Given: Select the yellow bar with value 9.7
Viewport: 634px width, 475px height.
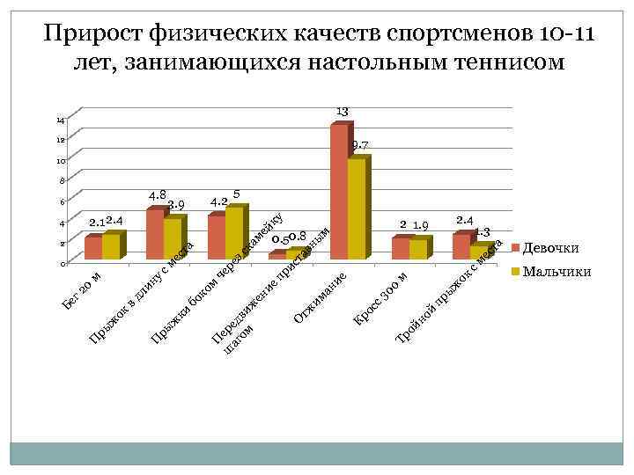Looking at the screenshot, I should (x=356, y=208).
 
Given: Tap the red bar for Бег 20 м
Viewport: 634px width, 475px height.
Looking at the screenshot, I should (x=92, y=248).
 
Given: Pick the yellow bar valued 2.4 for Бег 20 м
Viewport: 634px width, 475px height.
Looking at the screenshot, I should (x=110, y=246).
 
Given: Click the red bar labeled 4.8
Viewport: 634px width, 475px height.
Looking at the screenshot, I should (x=154, y=234).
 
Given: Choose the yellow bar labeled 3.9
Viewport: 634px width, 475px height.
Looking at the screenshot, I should (x=172, y=238).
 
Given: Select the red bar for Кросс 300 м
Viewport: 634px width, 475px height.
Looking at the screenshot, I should (x=400, y=248).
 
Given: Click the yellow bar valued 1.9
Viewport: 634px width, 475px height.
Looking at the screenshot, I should (x=417, y=249).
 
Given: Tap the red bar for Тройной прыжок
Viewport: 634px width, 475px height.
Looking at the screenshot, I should (x=461, y=246).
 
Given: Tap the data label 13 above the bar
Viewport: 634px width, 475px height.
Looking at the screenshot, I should (x=343, y=110).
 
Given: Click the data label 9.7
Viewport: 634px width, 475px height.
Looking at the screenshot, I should (x=359, y=144).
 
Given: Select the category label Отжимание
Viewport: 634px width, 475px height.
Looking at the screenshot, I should (x=320, y=296).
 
